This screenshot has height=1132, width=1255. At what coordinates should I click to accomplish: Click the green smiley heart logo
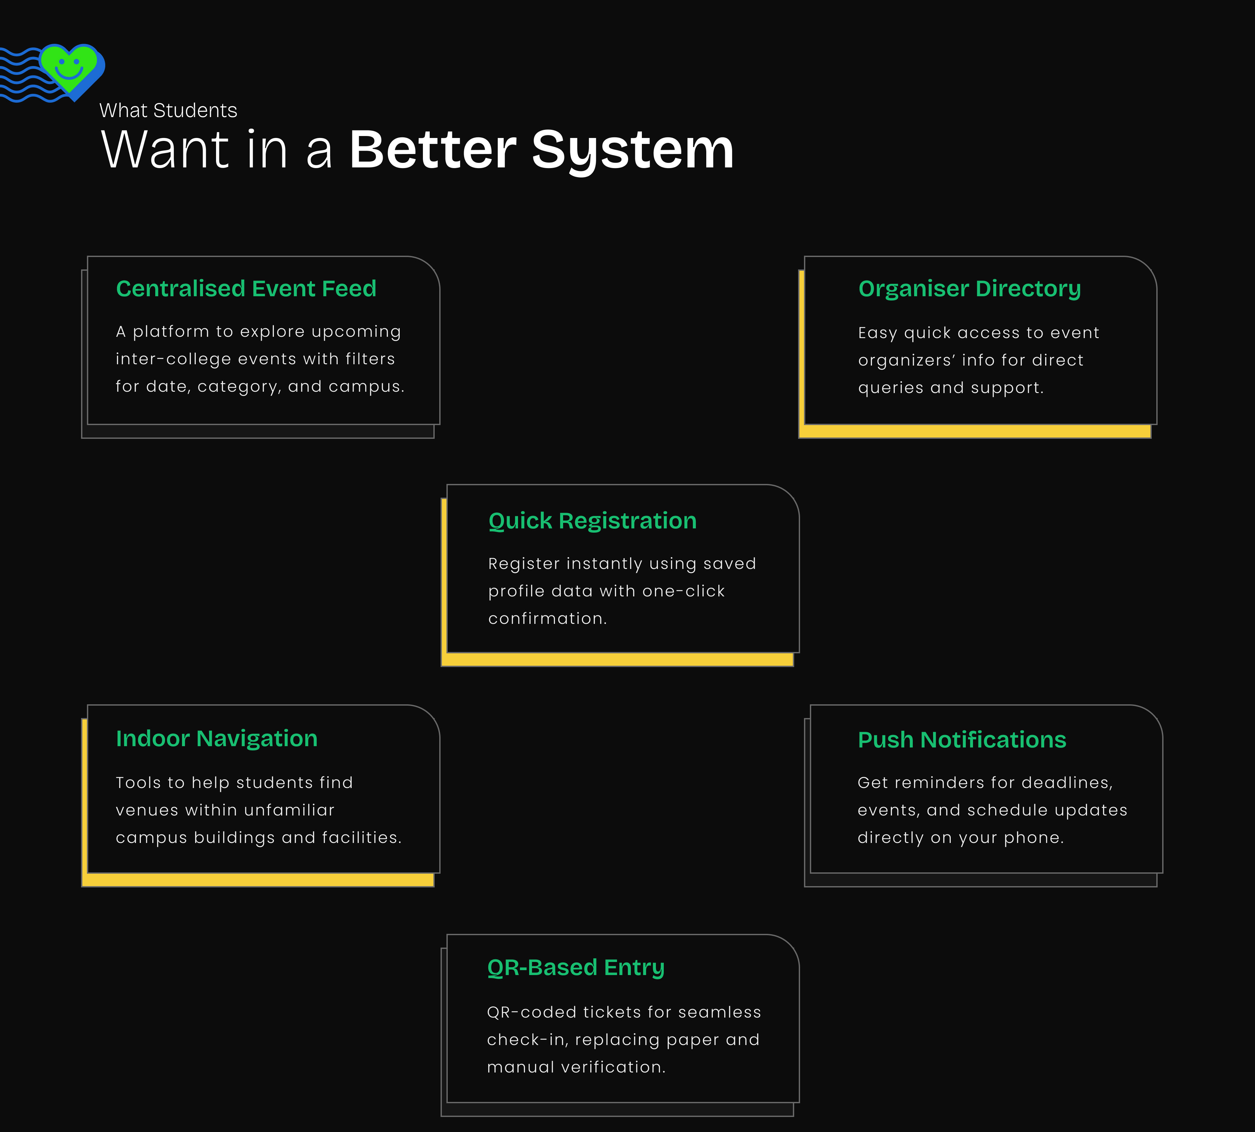point(68,67)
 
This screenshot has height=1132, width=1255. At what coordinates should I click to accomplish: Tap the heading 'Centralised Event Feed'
point(246,289)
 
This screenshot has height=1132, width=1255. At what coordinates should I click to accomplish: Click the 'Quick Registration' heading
point(593,521)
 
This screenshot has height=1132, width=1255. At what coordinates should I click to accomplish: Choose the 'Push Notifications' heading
point(962,740)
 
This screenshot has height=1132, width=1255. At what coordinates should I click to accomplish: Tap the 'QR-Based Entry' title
point(576,967)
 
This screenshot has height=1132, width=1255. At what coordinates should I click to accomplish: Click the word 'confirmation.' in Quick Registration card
point(547,618)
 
